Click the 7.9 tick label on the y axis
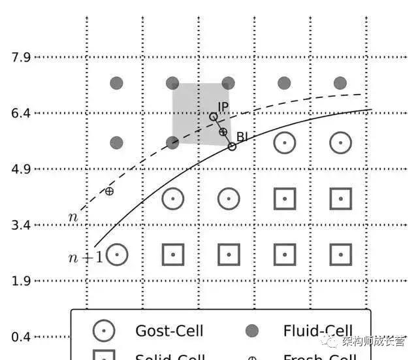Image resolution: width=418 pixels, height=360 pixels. tap(21, 57)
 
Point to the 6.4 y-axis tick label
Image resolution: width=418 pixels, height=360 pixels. tap(21, 113)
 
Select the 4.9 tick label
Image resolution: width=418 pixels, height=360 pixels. tap(21, 169)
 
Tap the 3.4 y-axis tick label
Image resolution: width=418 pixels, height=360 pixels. tap(21, 225)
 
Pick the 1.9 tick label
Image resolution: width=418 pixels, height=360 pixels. tap(21, 281)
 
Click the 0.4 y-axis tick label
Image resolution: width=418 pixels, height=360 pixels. tap(21, 337)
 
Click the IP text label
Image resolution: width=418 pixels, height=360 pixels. tap(223, 106)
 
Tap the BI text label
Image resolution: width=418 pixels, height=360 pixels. tap(242, 137)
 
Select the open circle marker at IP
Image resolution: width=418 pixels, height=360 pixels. tap(213, 117)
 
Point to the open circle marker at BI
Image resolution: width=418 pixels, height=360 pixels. tap(232, 146)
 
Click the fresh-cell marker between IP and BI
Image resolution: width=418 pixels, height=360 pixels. tap(223, 132)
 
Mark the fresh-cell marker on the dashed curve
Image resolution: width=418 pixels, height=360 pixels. tap(109, 191)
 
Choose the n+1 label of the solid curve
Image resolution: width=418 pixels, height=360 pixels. tap(85, 257)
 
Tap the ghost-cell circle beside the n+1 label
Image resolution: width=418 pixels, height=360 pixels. tap(116, 254)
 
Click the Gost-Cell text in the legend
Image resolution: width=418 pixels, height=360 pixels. tap(169, 331)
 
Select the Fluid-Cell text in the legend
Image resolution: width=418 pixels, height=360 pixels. tap(317, 331)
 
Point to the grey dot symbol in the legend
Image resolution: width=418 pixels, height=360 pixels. tap(252, 331)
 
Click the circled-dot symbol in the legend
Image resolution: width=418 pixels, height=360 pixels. tap(104, 331)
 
